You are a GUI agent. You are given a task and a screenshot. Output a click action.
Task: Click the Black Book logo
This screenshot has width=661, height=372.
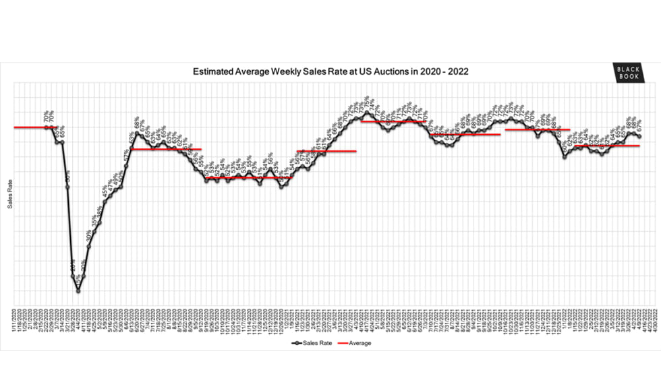627,73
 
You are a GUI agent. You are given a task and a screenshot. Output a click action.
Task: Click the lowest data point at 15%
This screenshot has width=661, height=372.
78,290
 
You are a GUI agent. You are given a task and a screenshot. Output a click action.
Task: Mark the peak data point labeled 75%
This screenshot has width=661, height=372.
366,113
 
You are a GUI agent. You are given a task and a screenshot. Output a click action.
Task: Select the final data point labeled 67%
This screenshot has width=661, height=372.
639,137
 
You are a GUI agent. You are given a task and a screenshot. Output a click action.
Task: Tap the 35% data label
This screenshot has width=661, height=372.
94,221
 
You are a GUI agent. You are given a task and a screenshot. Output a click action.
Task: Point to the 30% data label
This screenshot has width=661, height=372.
88,236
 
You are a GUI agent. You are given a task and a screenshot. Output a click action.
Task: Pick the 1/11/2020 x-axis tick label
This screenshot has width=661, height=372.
14,317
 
